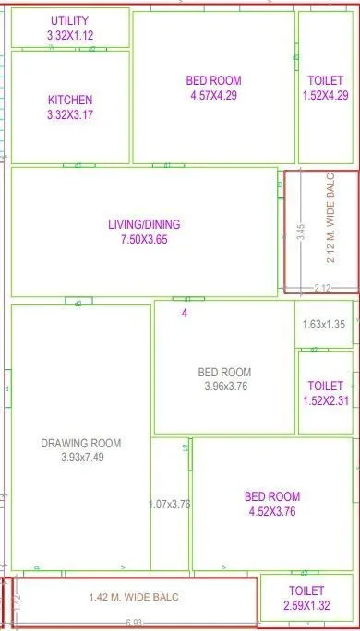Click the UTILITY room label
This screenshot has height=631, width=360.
click(x=70, y=20)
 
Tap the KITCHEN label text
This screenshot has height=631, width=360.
click(x=70, y=100)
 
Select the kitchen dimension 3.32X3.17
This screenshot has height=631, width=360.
click(x=70, y=115)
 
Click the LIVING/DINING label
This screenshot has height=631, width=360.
click(x=144, y=224)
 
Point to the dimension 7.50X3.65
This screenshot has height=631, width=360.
click(x=144, y=239)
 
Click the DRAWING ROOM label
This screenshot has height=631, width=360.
click(x=81, y=443)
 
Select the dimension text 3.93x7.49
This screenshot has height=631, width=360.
click(x=81, y=458)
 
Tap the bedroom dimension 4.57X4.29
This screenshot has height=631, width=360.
click(x=213, y=95)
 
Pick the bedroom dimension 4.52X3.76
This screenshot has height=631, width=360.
click(x=272, y=512)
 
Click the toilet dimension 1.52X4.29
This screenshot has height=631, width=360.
click(x=325, y=95)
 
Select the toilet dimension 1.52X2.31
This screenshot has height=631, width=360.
click(x=325, y=401)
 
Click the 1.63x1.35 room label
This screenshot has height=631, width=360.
click(x=323, y=325)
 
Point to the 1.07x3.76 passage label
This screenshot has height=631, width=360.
click(x=169, y=505)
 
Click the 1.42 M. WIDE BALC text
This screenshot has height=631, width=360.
click(x=135, y=598)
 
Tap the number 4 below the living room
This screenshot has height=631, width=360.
click(x=184, y=314)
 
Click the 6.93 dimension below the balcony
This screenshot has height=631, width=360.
click(x=136, y=625)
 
